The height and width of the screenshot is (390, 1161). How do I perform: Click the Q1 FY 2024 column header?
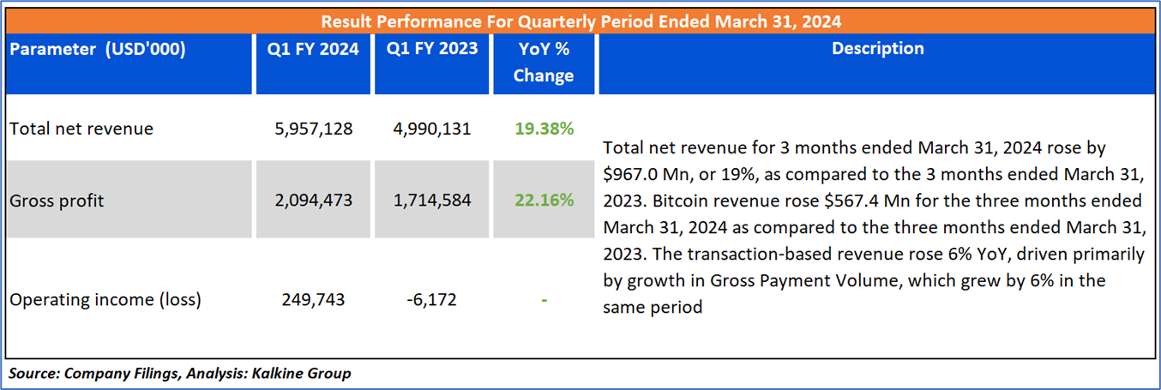tap(313, 49)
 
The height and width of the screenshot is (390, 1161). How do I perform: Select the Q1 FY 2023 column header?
tap(432, 49)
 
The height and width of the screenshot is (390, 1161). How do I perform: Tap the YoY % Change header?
tap(544, 62)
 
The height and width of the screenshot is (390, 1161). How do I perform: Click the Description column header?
tap(877, 49)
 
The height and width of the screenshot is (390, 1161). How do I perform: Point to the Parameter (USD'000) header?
tap(97, 49)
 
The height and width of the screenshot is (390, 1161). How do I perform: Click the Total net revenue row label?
tap(81, 129)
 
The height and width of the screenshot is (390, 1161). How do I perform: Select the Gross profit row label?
tap(57, 201)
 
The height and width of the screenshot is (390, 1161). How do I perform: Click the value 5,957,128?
tap(313, 129)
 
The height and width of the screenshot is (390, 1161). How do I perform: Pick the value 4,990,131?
tap(432, 129)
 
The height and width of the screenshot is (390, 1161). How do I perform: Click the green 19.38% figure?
tap(544, 129)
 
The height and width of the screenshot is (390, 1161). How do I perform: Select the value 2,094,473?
tap(313, 201)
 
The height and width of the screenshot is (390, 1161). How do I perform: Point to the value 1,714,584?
tap(432, 201)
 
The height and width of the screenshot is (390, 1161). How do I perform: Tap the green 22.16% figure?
tap(544, 201)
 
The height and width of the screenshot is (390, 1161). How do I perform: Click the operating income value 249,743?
tap(313, 299)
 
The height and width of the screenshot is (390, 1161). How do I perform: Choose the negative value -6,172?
tap(432, 299)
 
